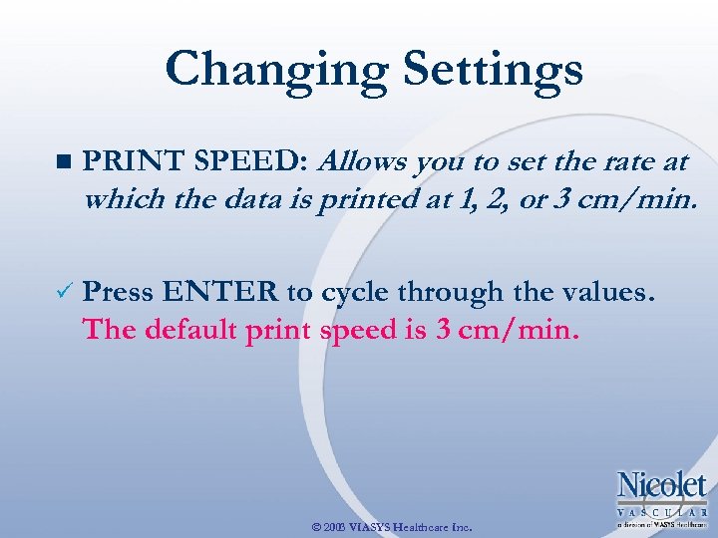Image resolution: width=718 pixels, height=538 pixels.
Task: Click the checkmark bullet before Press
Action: pyautogui.click(x=65, y=293)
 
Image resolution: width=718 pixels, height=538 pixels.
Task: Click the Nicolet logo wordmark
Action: pyautogui.click(x=662, y=485)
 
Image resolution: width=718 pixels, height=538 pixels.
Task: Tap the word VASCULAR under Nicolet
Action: pyautogui.click(x=662, y=510)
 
